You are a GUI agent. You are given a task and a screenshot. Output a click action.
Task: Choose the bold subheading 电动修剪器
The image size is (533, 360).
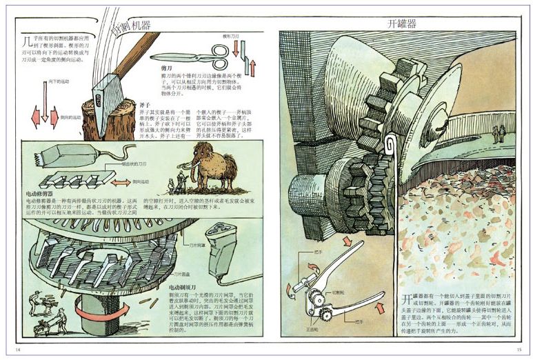click(40, 194)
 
